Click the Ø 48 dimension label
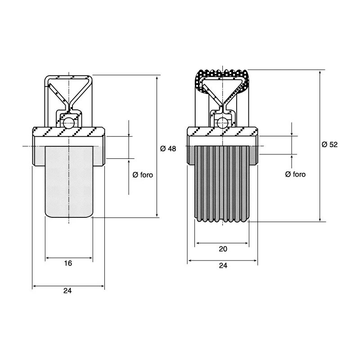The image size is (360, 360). pyautogui.click(x=168, y=149)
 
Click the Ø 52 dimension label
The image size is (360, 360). pyautogui.click(x=330, y=144)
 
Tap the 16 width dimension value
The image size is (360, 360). pyautogui.click(x=68, y=263)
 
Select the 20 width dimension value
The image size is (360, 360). pyautogui.click(x=223, y=249)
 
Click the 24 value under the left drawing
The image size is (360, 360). pyautogui.click(x=67, y=291)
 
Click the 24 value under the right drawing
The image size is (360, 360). pyautogui.click(x=223, y=265)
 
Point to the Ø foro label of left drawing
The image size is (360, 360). pyautogui.click(x=143, y=175)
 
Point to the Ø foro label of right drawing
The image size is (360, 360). pyautogui.click(x=295, y=174)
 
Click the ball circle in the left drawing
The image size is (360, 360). pyautogui.click(x=69, y=123)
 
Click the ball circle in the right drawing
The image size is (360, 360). pyautogui.click(x=222, y=123)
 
